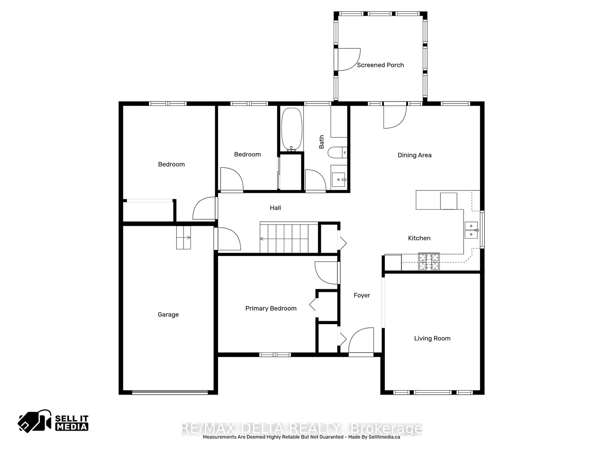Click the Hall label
click(x=275, y=208)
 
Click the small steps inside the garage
click(x=183, y=238)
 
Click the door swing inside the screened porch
click(x=349, y=59)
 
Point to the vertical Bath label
click(x=322, y=142)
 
